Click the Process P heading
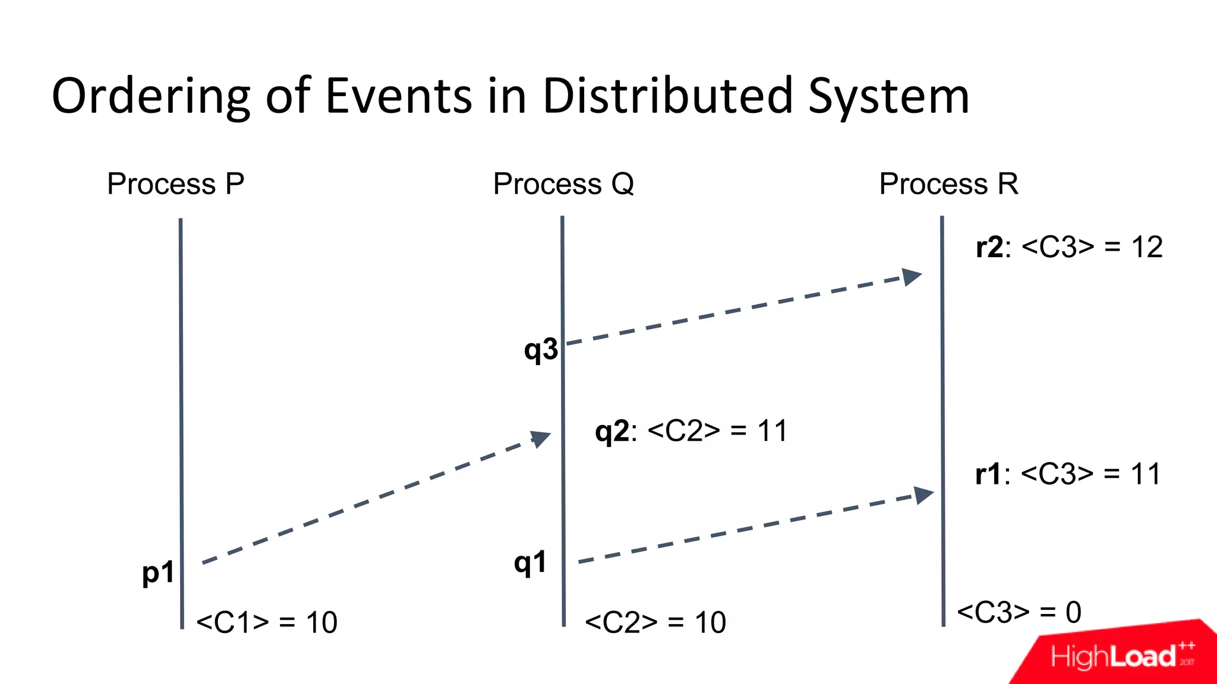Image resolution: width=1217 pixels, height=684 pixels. click(175, 183)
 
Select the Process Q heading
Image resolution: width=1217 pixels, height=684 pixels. click(563, 183)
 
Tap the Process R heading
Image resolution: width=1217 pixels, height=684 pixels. click(948, 183)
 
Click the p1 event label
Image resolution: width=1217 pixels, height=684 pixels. click(158, 572)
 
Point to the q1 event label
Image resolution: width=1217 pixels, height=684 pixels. click(530, 562)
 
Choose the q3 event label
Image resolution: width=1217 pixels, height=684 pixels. click(541, 349)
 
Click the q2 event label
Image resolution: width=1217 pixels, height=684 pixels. click(611, 431)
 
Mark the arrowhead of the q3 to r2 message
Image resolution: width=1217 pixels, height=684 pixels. click(912, 276)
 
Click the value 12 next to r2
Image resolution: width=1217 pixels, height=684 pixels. click(1146, 247)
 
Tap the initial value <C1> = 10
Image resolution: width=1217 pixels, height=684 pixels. click(267, 622)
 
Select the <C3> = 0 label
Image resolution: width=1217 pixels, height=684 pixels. click(1019, 612)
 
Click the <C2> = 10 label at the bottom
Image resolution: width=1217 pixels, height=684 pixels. click(655, 622)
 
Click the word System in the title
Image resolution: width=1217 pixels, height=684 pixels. click(889, 96)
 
